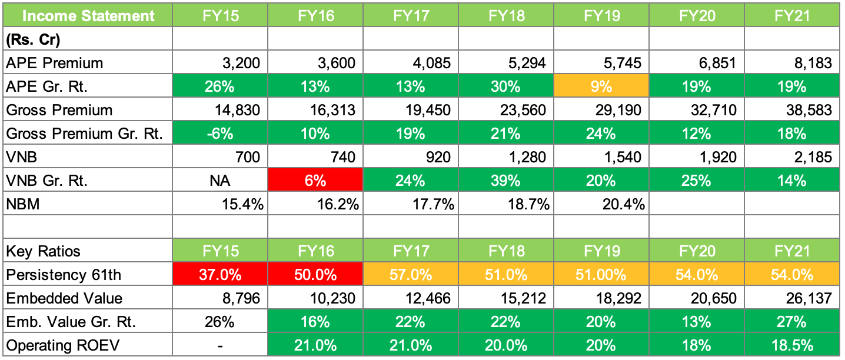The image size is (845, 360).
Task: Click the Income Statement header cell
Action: coord(88,16)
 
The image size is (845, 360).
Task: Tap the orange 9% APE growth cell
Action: coord(602,86)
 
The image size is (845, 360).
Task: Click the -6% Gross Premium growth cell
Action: coord(220,134)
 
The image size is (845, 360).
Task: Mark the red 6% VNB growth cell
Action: coord(315,181)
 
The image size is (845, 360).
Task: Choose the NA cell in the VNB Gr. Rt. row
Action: coord(220,181)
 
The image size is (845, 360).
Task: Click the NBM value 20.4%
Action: coord(623,204)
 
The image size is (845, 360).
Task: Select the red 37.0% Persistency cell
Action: coord(220,275)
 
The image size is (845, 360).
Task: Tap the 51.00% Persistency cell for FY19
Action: coord(602,275)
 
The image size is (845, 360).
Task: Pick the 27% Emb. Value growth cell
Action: coord(792,322)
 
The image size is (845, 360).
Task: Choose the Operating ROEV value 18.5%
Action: coord(792,345)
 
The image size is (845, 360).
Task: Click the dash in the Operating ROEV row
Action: coord(220,346)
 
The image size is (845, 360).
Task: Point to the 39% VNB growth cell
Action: coord(506,181)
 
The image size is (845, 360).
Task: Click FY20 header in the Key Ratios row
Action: coord(697,251)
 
